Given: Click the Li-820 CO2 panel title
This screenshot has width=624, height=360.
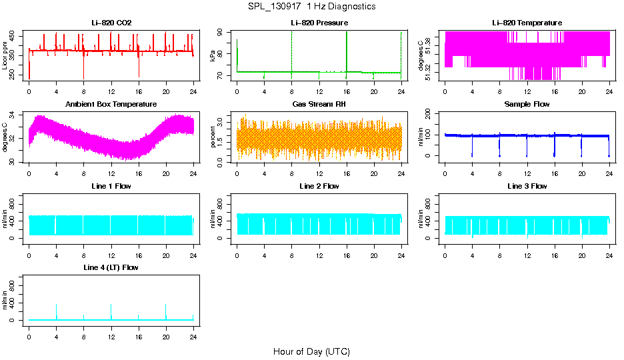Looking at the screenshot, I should [111, 23].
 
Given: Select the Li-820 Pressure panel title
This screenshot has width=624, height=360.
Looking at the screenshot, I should [319, 23].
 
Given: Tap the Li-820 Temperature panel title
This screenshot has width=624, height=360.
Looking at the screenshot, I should [527, 23].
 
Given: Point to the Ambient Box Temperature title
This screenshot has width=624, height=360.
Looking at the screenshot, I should [111, 104].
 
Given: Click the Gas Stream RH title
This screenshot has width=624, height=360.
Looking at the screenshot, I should [319, 104].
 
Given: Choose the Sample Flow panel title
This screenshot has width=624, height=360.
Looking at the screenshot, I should [527, 104].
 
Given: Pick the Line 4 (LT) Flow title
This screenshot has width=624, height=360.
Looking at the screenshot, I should [111, 267].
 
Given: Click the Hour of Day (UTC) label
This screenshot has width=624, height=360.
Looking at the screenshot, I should [311, 351].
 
